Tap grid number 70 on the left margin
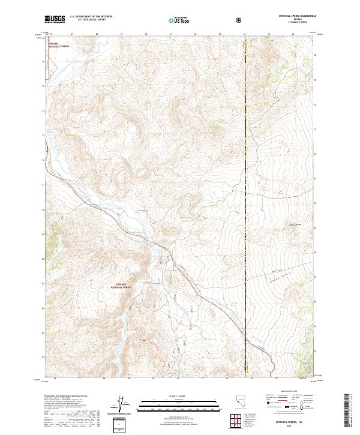(x=43, y=209)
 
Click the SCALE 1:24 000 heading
(x=180, y=396)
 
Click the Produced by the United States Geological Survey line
(x=65, y=397)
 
